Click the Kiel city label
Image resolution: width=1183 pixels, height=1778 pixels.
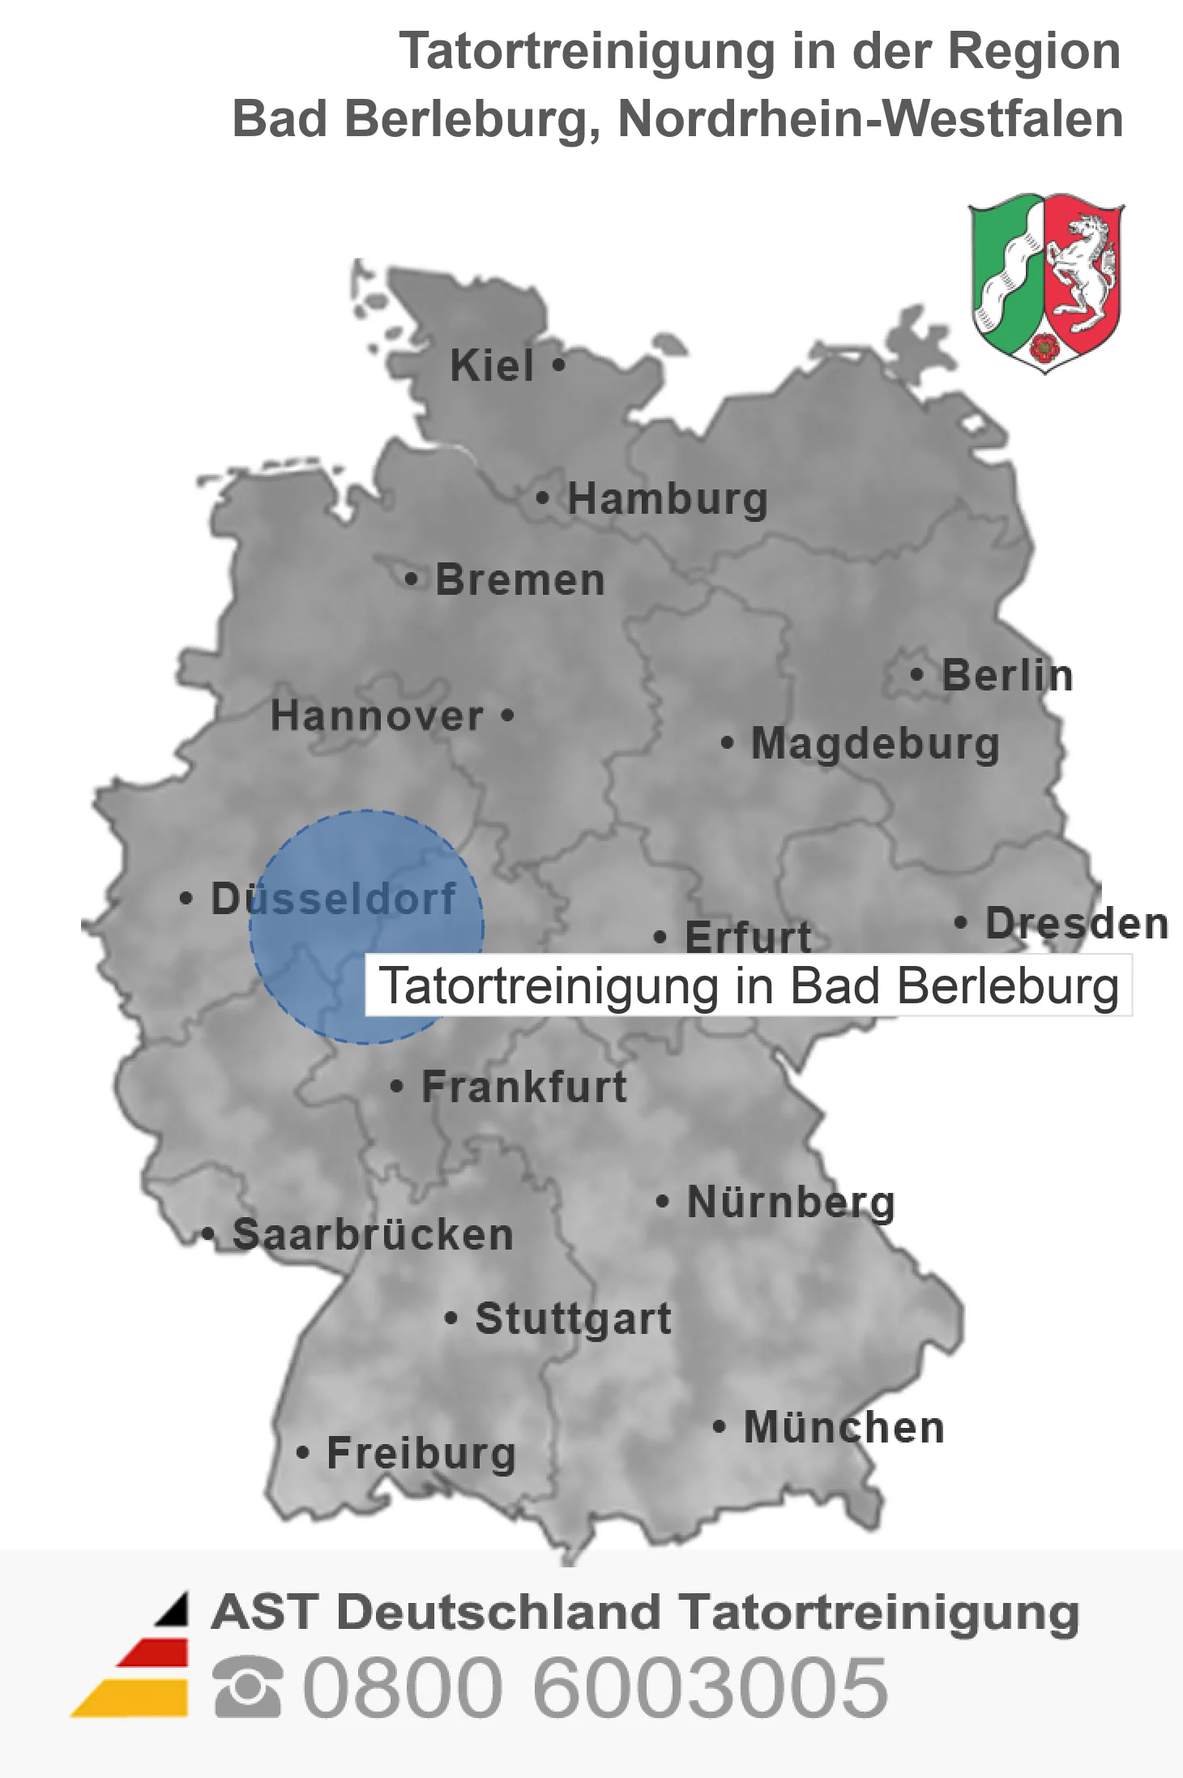(491, 365)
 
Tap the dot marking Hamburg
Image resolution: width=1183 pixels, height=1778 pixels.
(542, 498)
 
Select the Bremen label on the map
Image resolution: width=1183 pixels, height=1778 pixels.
(520, 580)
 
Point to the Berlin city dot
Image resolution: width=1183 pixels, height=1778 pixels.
(916, 674)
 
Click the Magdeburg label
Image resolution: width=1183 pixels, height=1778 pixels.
(875, 744)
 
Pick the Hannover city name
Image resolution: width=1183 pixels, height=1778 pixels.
(377, 716)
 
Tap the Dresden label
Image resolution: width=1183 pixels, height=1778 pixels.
(1077, 923)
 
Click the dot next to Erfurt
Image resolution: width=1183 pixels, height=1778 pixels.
(660, 938)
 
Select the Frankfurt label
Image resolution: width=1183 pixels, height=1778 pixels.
(524, 1087)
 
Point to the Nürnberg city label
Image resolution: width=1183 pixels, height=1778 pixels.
(791, 1202)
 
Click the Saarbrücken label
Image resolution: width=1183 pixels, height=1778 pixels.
(373, 1235)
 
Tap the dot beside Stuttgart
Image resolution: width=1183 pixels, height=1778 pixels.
(451, 1319)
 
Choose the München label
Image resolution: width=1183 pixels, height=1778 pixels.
(844, 1427)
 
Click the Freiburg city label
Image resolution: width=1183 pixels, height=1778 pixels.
(421, 1453)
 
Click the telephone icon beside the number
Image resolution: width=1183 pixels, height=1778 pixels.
(247, 1687)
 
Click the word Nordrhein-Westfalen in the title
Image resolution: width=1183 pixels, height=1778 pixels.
(870, 119)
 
